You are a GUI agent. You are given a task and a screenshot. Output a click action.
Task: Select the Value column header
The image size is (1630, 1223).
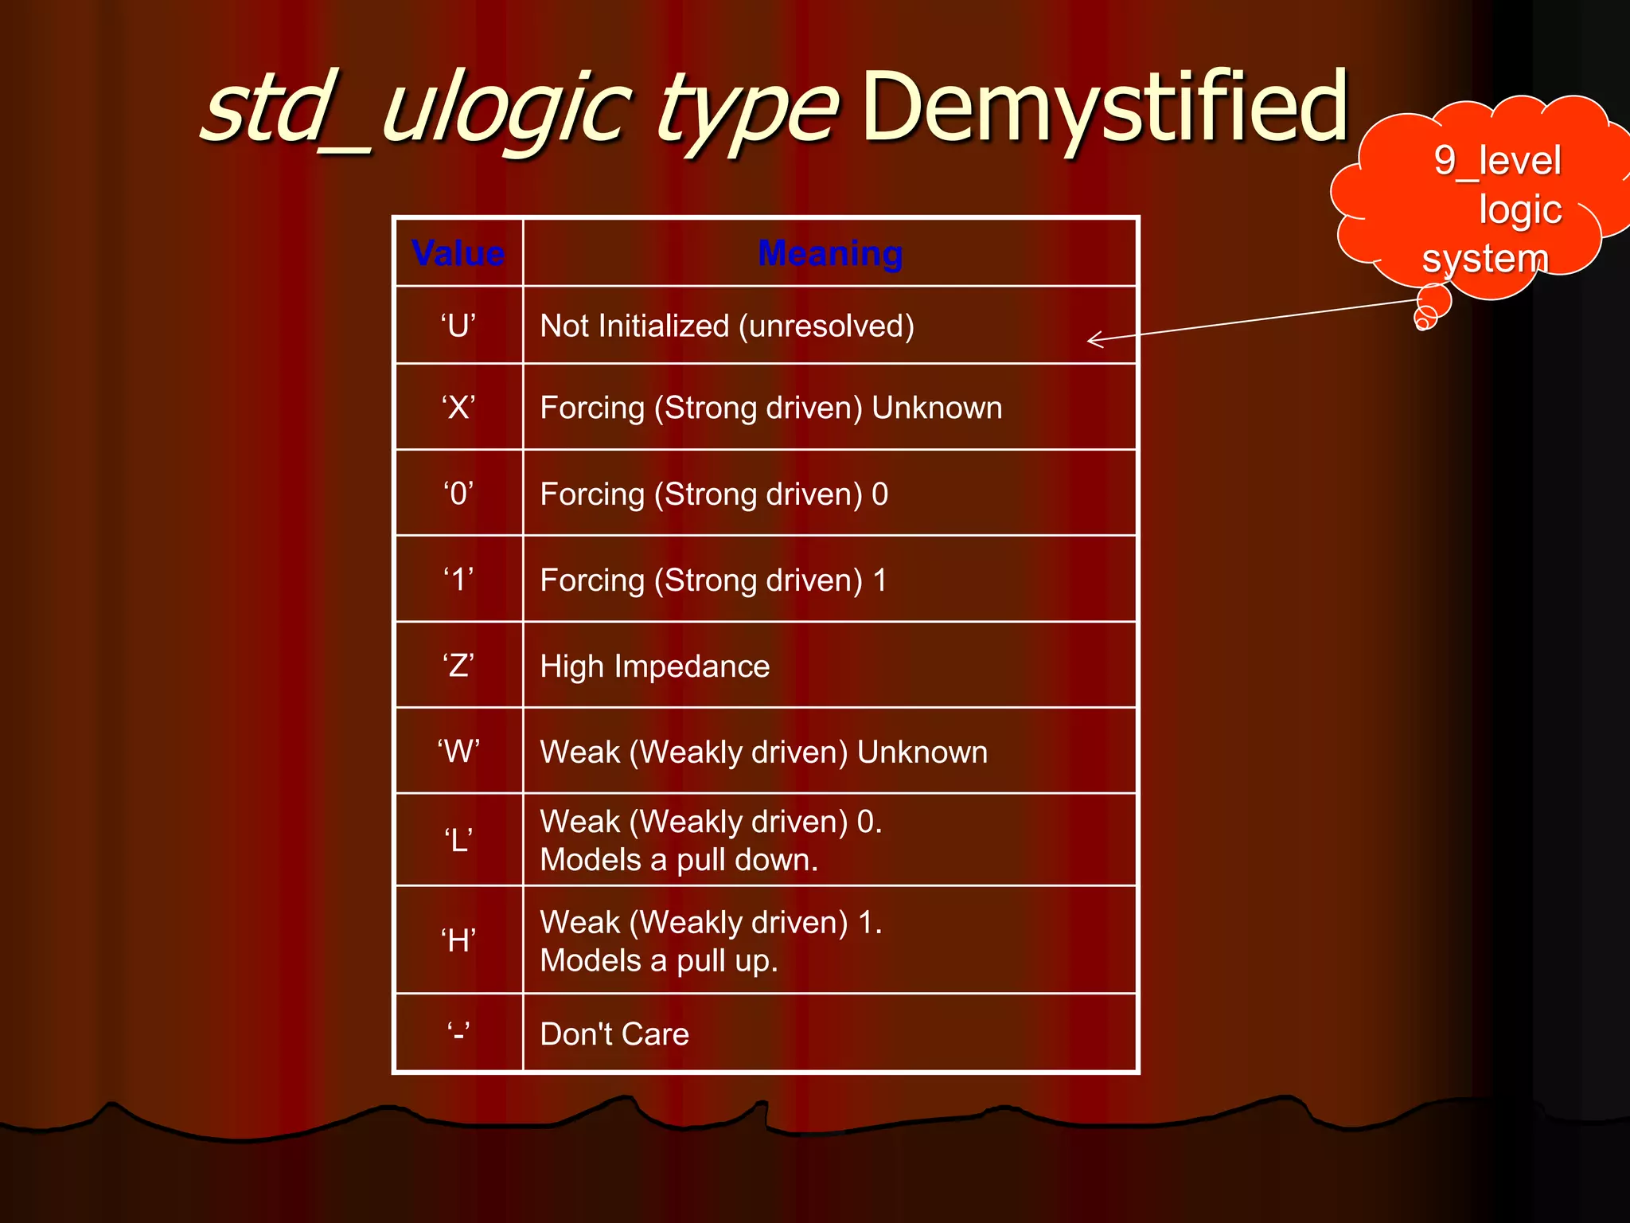click(458, 253)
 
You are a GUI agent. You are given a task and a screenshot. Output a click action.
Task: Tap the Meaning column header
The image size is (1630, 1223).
click(830, 253)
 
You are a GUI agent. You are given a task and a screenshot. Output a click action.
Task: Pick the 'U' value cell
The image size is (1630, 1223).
click(458, 326)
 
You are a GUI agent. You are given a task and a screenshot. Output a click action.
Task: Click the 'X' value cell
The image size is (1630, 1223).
click(458, 408)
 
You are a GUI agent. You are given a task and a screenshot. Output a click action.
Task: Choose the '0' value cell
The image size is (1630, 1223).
click(458, 494)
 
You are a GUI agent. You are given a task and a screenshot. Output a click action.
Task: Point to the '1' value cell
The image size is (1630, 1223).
click(458, 580)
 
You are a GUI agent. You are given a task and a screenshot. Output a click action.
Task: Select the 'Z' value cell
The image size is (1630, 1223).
click(458, 666)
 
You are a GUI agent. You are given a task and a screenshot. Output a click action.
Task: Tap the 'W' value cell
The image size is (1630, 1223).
click(458, 752)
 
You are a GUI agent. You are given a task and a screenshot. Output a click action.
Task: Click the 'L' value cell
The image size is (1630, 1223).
click(458, 840)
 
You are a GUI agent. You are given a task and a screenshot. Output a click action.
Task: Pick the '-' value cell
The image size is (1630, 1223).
click(458, 1033)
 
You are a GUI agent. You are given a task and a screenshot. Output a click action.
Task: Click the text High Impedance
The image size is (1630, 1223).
click(654, 666)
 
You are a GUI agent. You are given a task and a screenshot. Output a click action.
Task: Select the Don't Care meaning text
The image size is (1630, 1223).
click(614, 1034)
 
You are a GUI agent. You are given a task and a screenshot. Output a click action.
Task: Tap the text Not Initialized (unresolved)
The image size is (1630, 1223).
click(727, 326)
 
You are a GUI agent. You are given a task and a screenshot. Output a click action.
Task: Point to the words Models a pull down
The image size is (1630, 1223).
click(679, 860)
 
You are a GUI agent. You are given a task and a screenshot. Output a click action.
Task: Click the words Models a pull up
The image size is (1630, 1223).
click(659, 961)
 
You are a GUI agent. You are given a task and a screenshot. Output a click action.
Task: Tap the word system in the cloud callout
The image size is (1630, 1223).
click(1485, 259)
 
